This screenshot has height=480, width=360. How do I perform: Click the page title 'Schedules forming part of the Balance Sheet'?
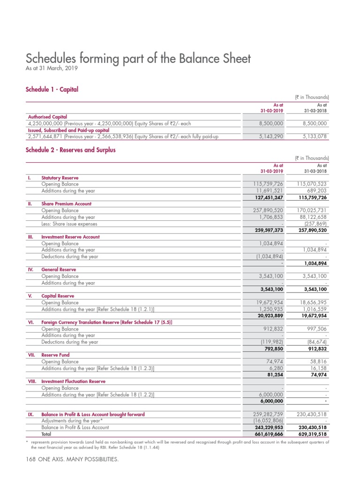[138, 59]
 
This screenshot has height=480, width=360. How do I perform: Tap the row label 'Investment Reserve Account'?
[70, 237]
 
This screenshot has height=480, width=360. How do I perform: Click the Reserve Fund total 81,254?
[273, 375]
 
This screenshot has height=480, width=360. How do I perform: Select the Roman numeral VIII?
[31, 382]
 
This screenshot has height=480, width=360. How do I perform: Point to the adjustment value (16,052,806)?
[265, 421]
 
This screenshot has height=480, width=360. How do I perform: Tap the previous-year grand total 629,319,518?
[309, 435]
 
